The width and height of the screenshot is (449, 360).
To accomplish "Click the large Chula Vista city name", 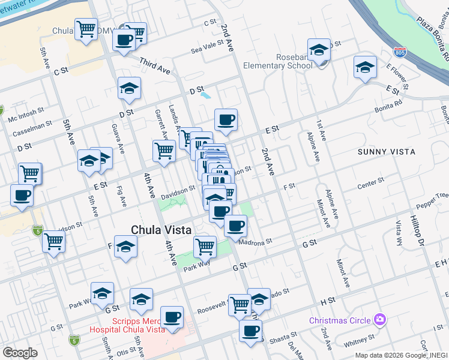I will tap(161, 229).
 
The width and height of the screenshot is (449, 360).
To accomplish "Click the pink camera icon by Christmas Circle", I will tap(379, 320).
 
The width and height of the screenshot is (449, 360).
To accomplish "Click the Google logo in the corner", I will tap(20, 352).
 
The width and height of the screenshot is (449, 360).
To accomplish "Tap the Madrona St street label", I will tap(255, 242).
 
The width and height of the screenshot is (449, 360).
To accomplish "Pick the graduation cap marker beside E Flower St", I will tap(364, 68).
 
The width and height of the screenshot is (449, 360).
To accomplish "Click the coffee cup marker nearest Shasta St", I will tap(250, 331).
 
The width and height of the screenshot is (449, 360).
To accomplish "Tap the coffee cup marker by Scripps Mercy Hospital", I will tap(172, 317).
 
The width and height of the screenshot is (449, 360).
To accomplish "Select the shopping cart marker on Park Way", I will tap(205, 246).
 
